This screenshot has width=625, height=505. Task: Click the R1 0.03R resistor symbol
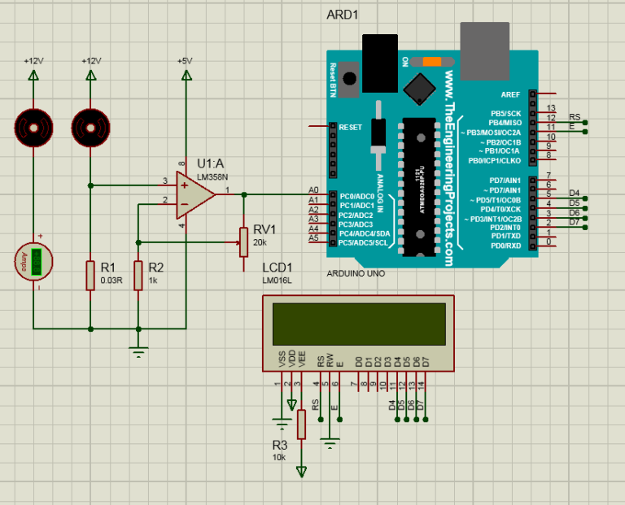[90, 276]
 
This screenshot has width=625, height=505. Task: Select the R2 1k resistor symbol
[138, 276]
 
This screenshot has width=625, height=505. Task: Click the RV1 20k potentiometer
[243, 241]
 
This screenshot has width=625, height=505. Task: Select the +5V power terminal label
[185, 61]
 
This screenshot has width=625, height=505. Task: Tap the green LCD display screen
[359, 323]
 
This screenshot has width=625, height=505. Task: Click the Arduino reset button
[351, 79]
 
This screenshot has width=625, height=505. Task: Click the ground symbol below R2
[138, 350]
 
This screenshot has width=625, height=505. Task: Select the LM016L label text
[277, 281]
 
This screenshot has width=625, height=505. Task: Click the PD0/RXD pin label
[505, 245]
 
